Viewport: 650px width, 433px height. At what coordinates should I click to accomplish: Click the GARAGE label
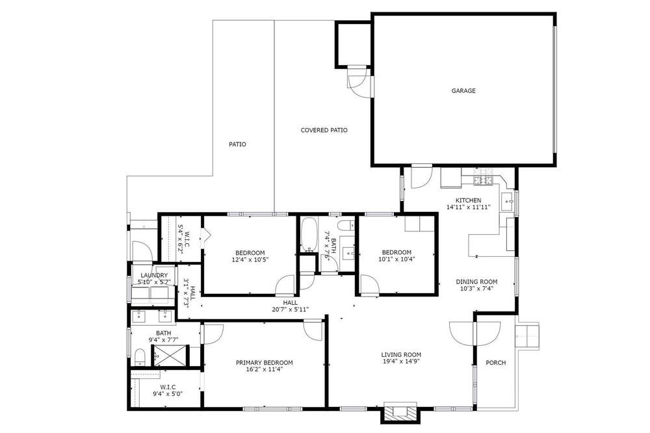[x=463, y=91]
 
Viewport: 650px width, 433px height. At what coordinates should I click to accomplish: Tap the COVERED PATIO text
[x=324, y=130]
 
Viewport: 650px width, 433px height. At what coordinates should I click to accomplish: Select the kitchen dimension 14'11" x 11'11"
[x=469, y=207]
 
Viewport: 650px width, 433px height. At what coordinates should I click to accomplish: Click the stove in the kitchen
[x=483, y=181]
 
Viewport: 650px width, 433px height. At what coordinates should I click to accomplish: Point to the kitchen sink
[x=508, y=202]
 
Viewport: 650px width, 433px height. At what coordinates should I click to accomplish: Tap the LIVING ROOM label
[x=401, y=354]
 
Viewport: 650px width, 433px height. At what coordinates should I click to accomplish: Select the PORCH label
[x=496, y=363]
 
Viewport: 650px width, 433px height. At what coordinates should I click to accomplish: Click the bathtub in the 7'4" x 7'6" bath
[x=308, y=235]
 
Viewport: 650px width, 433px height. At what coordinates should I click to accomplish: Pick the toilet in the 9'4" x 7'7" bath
[x=140, y=358]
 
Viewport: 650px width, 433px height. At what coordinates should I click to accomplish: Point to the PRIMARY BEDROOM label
[x=265, y=363]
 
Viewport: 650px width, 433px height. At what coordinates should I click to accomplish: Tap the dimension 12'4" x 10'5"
[x=250, y=260]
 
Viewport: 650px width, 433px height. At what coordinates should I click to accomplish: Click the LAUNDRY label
[x=154, y=276]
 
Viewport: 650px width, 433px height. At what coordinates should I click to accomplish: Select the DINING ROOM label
[x=476, y=282]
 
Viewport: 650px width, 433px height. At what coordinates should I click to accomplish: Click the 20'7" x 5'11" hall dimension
[x=290, y=309]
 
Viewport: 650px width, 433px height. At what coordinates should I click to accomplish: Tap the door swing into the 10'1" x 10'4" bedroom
[x=369, y=285]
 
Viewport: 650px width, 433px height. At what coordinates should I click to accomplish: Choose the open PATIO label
[x=237, y=144]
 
